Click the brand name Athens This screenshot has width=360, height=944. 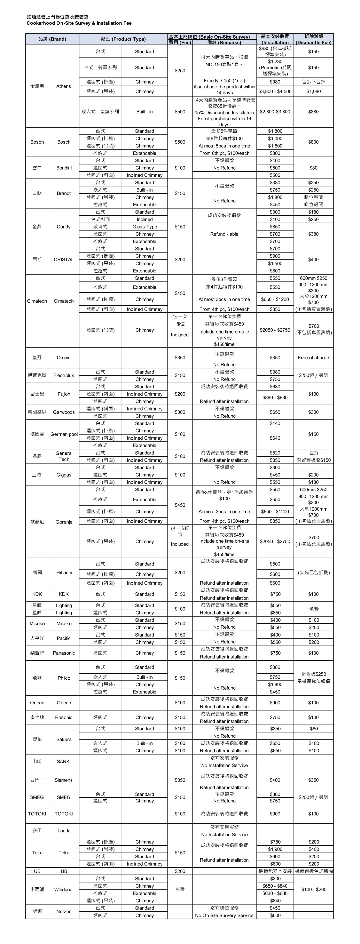[63, 86]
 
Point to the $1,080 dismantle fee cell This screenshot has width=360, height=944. [313, 91]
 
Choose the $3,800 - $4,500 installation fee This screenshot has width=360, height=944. [275, 91]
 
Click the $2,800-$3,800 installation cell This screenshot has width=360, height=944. [275, 112]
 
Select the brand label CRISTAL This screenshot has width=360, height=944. [63, 259]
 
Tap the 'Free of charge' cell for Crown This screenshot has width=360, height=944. [313, 358]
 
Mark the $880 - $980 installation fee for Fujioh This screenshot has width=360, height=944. [275, 398]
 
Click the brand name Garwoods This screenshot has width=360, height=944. [64, 412]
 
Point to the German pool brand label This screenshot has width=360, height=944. [64, 434]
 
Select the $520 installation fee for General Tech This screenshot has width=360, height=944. [275, 453]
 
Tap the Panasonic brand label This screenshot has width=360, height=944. [64, 653]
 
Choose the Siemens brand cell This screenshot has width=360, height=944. [64, 780]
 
